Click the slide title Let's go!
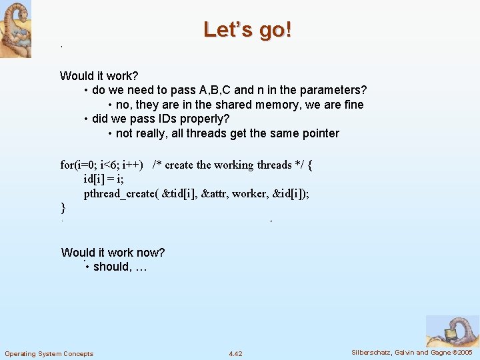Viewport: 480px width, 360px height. (x=247, y=30)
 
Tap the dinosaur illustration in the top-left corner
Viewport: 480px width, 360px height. (x=15, y=29)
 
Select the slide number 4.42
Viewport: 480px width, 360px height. (x=235, y=353)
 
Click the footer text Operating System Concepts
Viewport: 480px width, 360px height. (x=49, y=353)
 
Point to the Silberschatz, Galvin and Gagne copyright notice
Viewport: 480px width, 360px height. (x=411, y=352)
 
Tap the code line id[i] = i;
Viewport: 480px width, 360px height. (x=105, y=179)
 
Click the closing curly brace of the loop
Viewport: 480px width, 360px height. (x=63, y=208)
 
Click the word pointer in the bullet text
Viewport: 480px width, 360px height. (x=318, y=133)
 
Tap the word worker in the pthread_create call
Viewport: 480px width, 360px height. (x=249, y=194)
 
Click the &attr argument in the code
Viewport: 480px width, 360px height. (x=212, y=194)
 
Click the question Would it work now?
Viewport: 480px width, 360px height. (x=113, y=252)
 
